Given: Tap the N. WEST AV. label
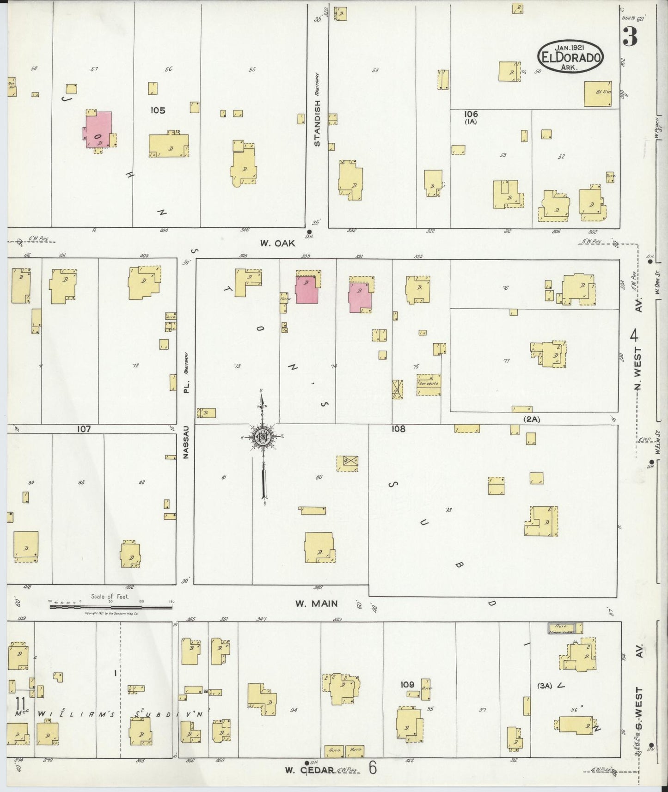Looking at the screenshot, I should (x=638, y=351).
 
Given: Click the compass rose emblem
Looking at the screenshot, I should (x=263, y=437).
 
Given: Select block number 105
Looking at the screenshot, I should (x=157, y=110).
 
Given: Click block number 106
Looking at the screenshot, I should (x=472, y=114).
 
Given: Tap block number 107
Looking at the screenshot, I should (x=84, y=429).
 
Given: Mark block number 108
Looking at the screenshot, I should (x=398, y=429).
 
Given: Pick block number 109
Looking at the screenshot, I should (x=407, y=684).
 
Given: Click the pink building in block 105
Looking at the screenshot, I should (x=98, y=129).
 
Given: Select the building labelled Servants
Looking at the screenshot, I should (x=429, y=384).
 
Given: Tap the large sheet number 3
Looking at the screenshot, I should (x=630, y=37).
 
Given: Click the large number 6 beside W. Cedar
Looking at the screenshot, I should (x=373, y=768).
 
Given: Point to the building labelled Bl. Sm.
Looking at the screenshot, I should (x=598, y=94).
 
